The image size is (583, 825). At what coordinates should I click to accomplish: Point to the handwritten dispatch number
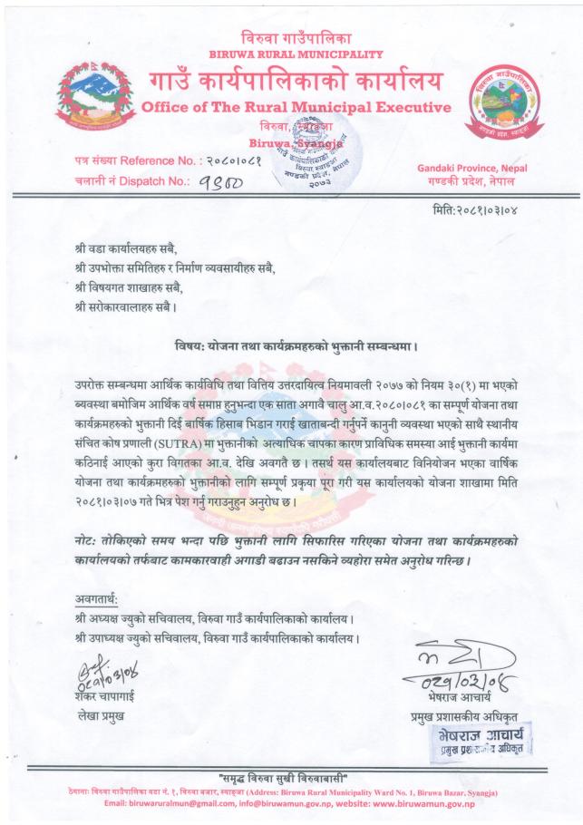coord(214,180)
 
